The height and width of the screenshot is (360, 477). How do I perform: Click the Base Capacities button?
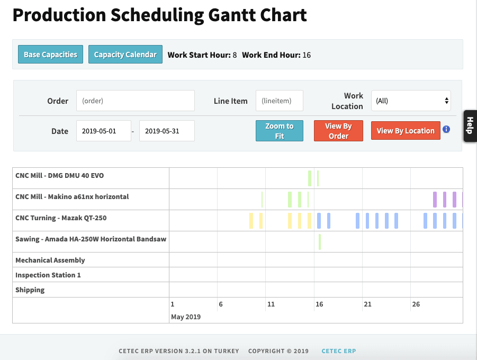(x=50, y=55)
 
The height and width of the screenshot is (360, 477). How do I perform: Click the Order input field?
(x=136, y=101)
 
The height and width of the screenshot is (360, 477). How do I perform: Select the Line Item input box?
(x=279, y=101)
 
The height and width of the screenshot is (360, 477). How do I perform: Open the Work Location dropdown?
(x=411, y=101)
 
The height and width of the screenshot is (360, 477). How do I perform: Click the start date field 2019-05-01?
(x=104, y=131)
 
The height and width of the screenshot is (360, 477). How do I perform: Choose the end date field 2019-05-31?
(x=167, y=131)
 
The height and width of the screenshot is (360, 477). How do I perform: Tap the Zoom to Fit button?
(x=279, y=131)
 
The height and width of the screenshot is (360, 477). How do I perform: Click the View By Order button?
(x=338, y=131)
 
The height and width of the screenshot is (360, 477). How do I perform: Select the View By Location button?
(x=406, y=131)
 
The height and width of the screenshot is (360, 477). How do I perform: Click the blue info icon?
(x=446, y=129)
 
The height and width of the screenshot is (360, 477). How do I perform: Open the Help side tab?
(x=470, y=126)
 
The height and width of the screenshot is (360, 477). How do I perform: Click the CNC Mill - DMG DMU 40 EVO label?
(x=64, y=175)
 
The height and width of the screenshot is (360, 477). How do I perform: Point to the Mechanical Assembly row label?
(x=50, y=260)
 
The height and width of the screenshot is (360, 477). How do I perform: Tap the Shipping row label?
(x=30, y=290)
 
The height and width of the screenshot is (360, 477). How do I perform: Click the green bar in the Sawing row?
(x=320, y=241)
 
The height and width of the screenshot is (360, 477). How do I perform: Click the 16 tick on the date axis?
(x=319, y=304)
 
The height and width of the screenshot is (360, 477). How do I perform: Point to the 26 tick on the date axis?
(x=416, y=304)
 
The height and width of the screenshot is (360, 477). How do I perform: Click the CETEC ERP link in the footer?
(x=339, y=351)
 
